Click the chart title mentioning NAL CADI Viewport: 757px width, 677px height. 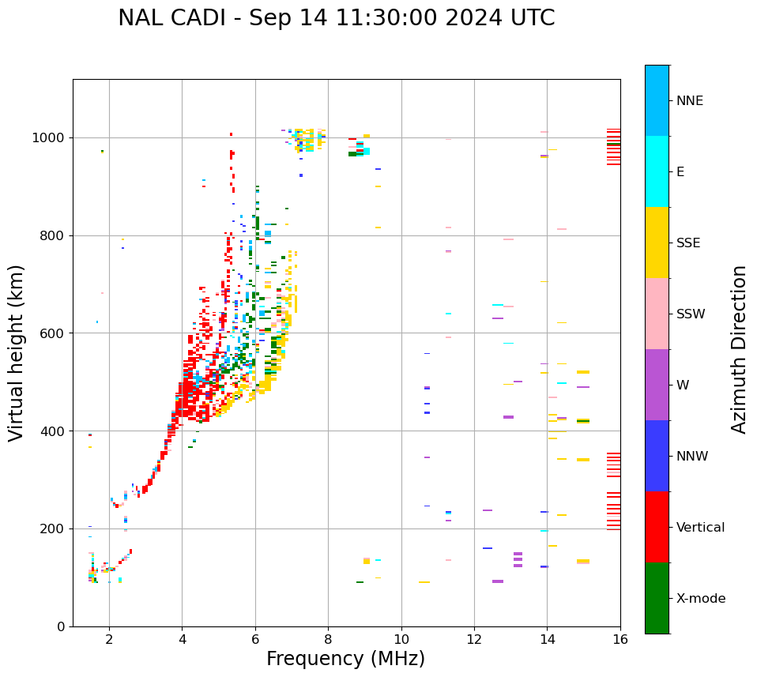point(336,18)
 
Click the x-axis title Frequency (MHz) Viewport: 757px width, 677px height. point(345,659)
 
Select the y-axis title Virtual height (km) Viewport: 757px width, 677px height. point(17,352)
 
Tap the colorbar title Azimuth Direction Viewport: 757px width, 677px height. point(739,349)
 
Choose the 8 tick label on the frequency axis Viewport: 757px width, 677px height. point(328,639)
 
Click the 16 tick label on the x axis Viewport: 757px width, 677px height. point(620,639)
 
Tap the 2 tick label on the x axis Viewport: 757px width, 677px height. point(109,639)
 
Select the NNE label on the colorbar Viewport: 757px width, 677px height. point(689,101)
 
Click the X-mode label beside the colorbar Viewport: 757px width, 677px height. point(701,599)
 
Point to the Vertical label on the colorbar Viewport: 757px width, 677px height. point(701,528)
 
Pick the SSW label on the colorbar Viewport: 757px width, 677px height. point(691,314)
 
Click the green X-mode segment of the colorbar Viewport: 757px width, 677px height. point(657,598)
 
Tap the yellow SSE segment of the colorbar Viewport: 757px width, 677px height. point(657,243)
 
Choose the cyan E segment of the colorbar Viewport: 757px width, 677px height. point(657,171)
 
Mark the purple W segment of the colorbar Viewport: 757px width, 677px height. point(657,385)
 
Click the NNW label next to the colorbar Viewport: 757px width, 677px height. point(692,457)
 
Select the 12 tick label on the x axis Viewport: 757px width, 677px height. point(474,639)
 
